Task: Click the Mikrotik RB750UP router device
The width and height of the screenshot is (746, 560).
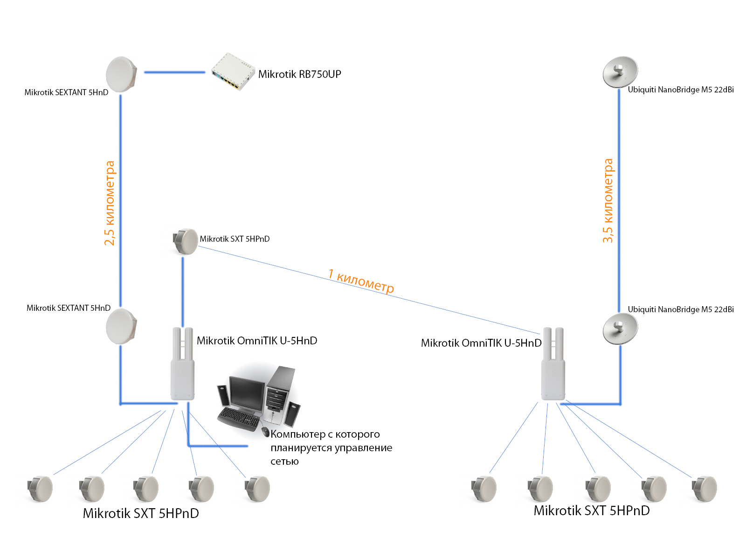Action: [232, 71]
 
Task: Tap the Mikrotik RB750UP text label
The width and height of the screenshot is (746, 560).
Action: [299, 74]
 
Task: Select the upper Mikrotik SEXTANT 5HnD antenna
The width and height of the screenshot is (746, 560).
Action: [121, 74]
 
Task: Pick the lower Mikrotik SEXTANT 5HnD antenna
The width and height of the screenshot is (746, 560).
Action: [121, 326]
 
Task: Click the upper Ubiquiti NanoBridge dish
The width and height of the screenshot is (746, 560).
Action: [620, 72]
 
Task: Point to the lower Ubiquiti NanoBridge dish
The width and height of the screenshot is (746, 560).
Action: [620, 329]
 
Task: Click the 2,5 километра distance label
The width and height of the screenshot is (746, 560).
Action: [110, 203]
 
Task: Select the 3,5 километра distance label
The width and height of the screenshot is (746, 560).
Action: [608, 201]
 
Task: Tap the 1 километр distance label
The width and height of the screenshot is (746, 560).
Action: [361, 281]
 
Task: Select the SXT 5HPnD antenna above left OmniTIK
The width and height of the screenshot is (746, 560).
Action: [185, 242]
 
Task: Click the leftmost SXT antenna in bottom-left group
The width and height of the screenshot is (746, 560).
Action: [40, 489]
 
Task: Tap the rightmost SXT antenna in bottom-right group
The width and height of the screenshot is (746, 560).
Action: [704, 489]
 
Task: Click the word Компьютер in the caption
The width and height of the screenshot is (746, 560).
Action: [298, 434]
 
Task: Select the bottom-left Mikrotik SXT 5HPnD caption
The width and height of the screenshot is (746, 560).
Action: [141, 513]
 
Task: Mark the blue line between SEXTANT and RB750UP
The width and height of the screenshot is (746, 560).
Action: [174, 72]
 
